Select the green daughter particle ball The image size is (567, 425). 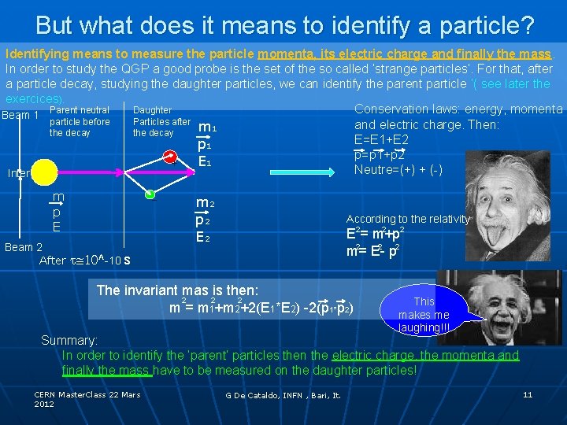coord(150,194)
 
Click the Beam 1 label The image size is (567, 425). coord(21,116)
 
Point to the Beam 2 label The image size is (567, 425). coord(23,247)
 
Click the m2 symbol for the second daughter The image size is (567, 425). coord(206,204)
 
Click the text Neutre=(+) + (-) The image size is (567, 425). coord(398,170)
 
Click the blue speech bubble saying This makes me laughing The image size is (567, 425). coord(424,314)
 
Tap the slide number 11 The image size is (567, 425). coord(528,394)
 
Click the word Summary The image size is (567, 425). coord(69,341)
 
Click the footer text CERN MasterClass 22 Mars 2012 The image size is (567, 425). coord(87,398)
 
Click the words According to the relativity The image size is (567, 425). coord(408,219)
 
